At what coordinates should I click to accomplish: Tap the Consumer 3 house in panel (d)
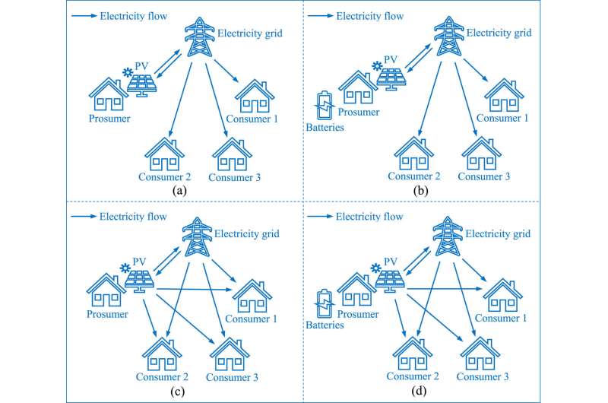(480, 349)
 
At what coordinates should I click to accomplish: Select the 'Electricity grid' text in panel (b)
(502, 33)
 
